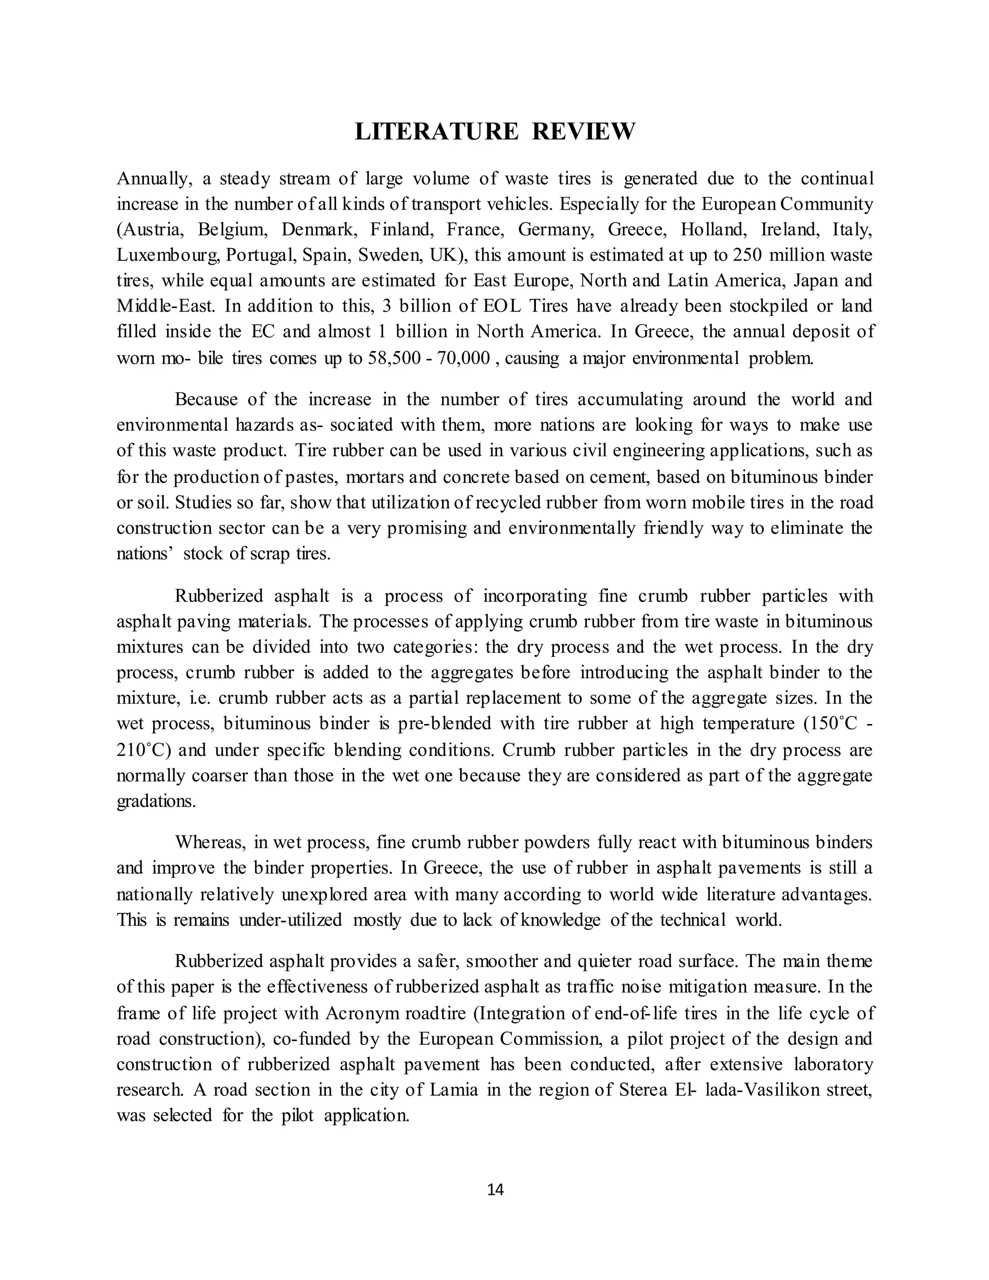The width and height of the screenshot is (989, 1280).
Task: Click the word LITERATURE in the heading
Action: pyautogui.click(x=437, y=131)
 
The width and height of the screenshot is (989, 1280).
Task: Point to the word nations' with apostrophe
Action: pyautogui.click(x=143, y=553)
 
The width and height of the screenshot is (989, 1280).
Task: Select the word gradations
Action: pyautogui.click(x=156, y=801)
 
